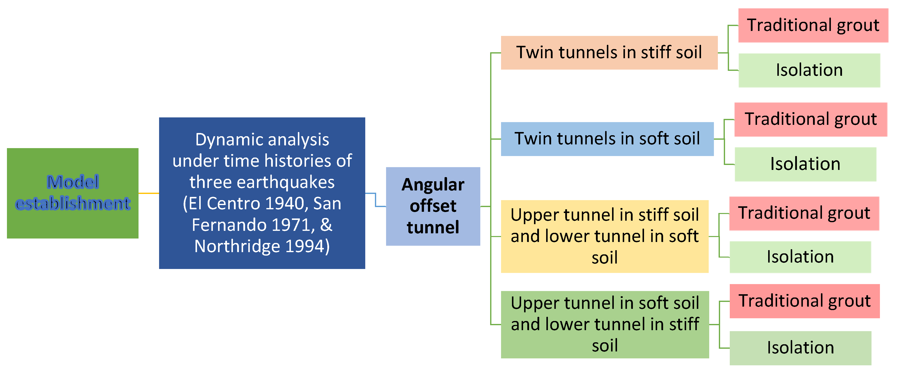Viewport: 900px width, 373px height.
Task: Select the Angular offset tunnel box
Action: [433, 206]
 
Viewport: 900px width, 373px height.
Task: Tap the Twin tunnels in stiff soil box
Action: [609, 53]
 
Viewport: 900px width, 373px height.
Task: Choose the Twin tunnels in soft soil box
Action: [607, 139]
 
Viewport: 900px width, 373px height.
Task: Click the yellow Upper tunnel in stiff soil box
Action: [604, 236]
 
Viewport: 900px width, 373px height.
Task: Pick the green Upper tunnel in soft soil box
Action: [605, 324]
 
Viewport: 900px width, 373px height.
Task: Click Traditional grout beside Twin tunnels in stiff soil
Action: [813, 25]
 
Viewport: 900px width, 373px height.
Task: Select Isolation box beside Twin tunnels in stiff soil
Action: [809, 70]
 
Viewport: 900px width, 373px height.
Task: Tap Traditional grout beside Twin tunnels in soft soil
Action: [811, 119]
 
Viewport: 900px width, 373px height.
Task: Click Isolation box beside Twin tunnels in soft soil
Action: [805, 164]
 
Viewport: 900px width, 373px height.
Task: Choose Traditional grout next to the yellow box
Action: [804, 213]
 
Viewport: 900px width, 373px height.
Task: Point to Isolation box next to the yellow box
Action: [800, 257]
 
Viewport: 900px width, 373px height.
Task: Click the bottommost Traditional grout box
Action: [804, 301]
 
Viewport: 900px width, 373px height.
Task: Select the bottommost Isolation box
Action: [800, 347]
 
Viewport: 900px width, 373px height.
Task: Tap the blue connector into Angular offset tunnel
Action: [376, 200]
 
